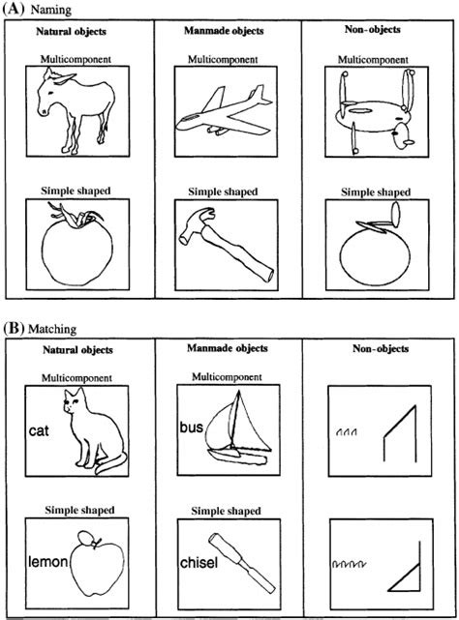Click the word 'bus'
coord(191,426)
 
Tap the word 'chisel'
coord(198,561)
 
